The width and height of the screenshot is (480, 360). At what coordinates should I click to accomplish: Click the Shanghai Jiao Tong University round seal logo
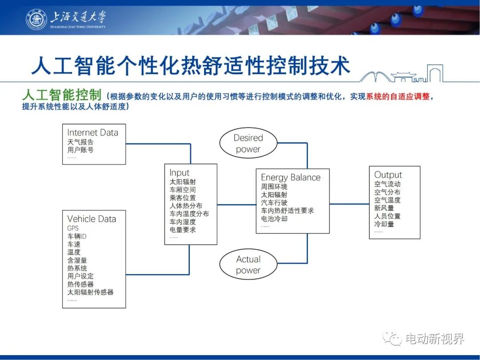click(x=36, y=19)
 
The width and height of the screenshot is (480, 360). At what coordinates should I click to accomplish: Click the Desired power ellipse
click(x=248, y=144)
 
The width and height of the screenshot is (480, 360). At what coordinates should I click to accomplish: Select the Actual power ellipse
click(x=248, y=264)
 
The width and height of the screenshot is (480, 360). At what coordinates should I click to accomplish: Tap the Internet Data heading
click(x=93, y=132)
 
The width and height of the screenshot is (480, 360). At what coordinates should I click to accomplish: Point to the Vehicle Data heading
click(x=92, y=219)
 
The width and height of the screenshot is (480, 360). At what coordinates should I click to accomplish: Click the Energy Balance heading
click(x=291, y=177)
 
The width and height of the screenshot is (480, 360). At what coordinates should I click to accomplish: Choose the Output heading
click(x=388, y=175)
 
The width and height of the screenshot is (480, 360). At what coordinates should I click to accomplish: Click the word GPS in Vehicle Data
click(x=73, y=228)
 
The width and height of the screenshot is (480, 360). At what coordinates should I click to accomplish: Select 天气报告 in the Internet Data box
click(x=80, y=142)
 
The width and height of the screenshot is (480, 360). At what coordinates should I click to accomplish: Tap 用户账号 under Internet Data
click(x=80, y=150)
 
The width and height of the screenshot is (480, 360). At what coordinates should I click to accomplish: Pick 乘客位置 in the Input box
click(x=183, y=198)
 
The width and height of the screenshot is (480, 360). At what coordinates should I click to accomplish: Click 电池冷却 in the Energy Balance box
click(x=274, y=219)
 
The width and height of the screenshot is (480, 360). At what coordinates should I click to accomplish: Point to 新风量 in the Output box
click(x=384, y=208)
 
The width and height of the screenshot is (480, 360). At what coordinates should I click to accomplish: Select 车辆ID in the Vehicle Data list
click(x=77, y=236)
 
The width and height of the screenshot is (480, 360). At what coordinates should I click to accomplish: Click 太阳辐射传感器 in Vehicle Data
click(x=90, y=292)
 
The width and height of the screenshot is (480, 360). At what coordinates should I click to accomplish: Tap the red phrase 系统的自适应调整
click(x=398, y=97)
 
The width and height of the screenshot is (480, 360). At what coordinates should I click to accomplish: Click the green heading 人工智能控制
click(x=62, y=95)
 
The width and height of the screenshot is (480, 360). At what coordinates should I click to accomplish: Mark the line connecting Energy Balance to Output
click(x=349, y=204)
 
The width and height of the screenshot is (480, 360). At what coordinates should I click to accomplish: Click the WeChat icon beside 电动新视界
click(x=392, y=339)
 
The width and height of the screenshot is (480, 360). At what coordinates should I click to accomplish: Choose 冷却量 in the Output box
click(x=384, y=224)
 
